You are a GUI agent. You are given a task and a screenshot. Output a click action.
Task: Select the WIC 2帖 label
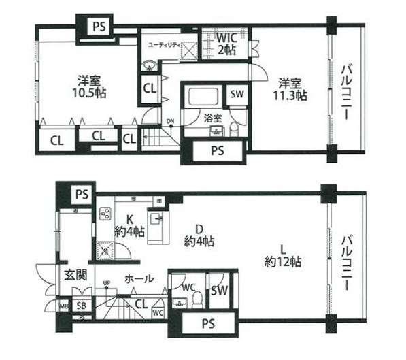pyautogui.click(x=226, y=44)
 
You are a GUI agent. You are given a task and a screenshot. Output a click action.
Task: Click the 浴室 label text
pyautogui.click(x=213, y=118)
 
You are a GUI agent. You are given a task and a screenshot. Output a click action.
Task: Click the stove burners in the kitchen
pyautogui.click(x=106, y=214)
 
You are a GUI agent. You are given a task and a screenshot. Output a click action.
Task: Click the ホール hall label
pyautogui.click(x=139, y=279)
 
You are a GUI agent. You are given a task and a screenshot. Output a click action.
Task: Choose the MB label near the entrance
pyautogui.click(x=63, y=306)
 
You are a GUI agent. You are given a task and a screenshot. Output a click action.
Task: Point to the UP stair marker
pyautogui.click(x=106, y=282)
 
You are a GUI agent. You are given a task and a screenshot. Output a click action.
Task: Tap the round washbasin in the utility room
pyautogui.click(x=148, y=66)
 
